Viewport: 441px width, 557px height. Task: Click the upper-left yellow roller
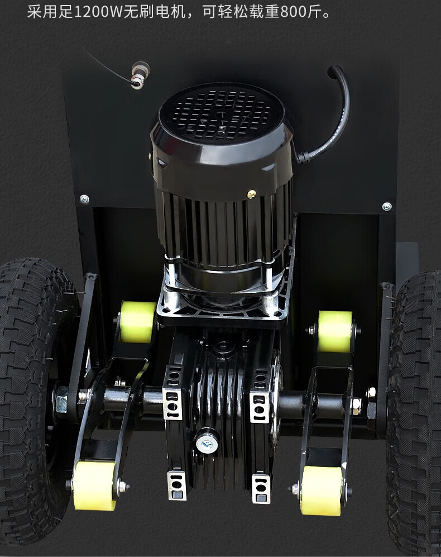pos(138,321)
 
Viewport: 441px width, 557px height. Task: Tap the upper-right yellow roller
pos(335,331)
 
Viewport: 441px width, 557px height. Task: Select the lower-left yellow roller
pos(95,485)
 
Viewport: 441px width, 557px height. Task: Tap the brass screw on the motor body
pos(251,194)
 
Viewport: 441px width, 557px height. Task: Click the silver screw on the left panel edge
pos(84,199)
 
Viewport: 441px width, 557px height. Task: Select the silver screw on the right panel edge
pos(387,206)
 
